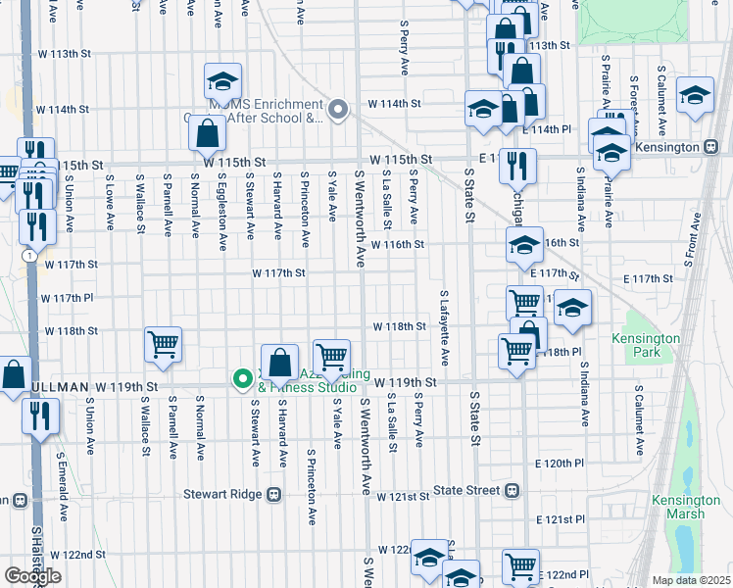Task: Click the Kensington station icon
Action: click(x=712, y=148)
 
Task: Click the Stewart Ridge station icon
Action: click(x=273, y=495)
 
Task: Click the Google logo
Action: click(x=32, y=575)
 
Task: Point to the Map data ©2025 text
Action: click(x=691, y=580)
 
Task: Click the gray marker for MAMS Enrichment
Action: click(x=338, y=109)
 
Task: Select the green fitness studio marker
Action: click(x=240, y=378)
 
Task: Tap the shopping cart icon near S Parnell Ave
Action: click(x=163, y=345)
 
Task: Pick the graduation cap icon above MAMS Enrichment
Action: click(x=222, y=80)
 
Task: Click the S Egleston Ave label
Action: click(x=222, y=207)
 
